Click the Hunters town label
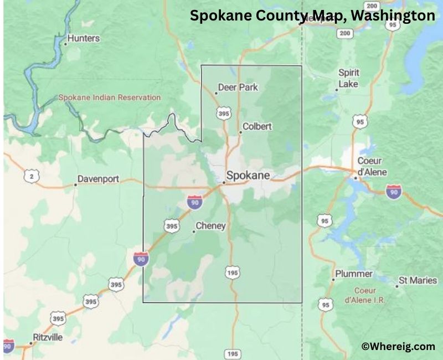(83, 38)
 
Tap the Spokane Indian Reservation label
(110, 97)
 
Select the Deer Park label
(238, 87)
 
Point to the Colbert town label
(257, 126)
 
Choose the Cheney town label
(210, 226)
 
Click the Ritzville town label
(48, 337)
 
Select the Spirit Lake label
(349, 78)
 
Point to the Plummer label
(354, 274)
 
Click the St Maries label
(418, 281)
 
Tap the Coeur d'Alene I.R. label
(365, 295)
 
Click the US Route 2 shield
(32, 176)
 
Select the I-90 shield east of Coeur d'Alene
(394, 192)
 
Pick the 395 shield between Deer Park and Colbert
(223, 114)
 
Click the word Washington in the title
(392, 16)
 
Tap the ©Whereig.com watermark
(398, 346)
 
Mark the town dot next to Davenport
(76, 184)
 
